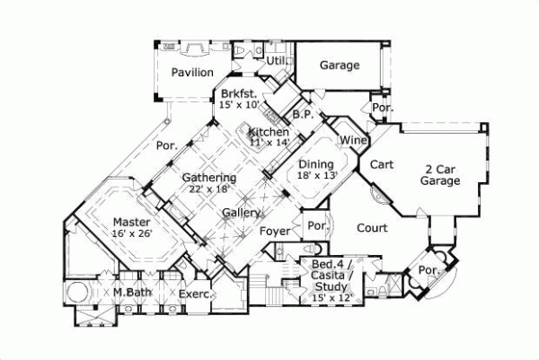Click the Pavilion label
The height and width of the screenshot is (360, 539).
[192, 73]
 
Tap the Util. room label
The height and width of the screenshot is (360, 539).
[276, 60]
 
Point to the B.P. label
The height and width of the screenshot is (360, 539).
[302, 114]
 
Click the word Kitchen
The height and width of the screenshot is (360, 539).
[269, 132]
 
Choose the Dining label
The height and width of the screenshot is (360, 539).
[315, 164]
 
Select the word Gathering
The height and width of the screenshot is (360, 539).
[209, 178]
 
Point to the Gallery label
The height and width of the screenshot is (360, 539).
[243, 213]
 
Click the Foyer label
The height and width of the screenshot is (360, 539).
[275, 232]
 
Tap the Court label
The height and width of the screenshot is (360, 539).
[371, 228]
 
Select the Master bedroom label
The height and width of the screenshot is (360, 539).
[132, 221]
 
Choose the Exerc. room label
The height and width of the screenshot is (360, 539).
[194, 294]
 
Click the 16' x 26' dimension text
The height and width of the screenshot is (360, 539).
[132, 233]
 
